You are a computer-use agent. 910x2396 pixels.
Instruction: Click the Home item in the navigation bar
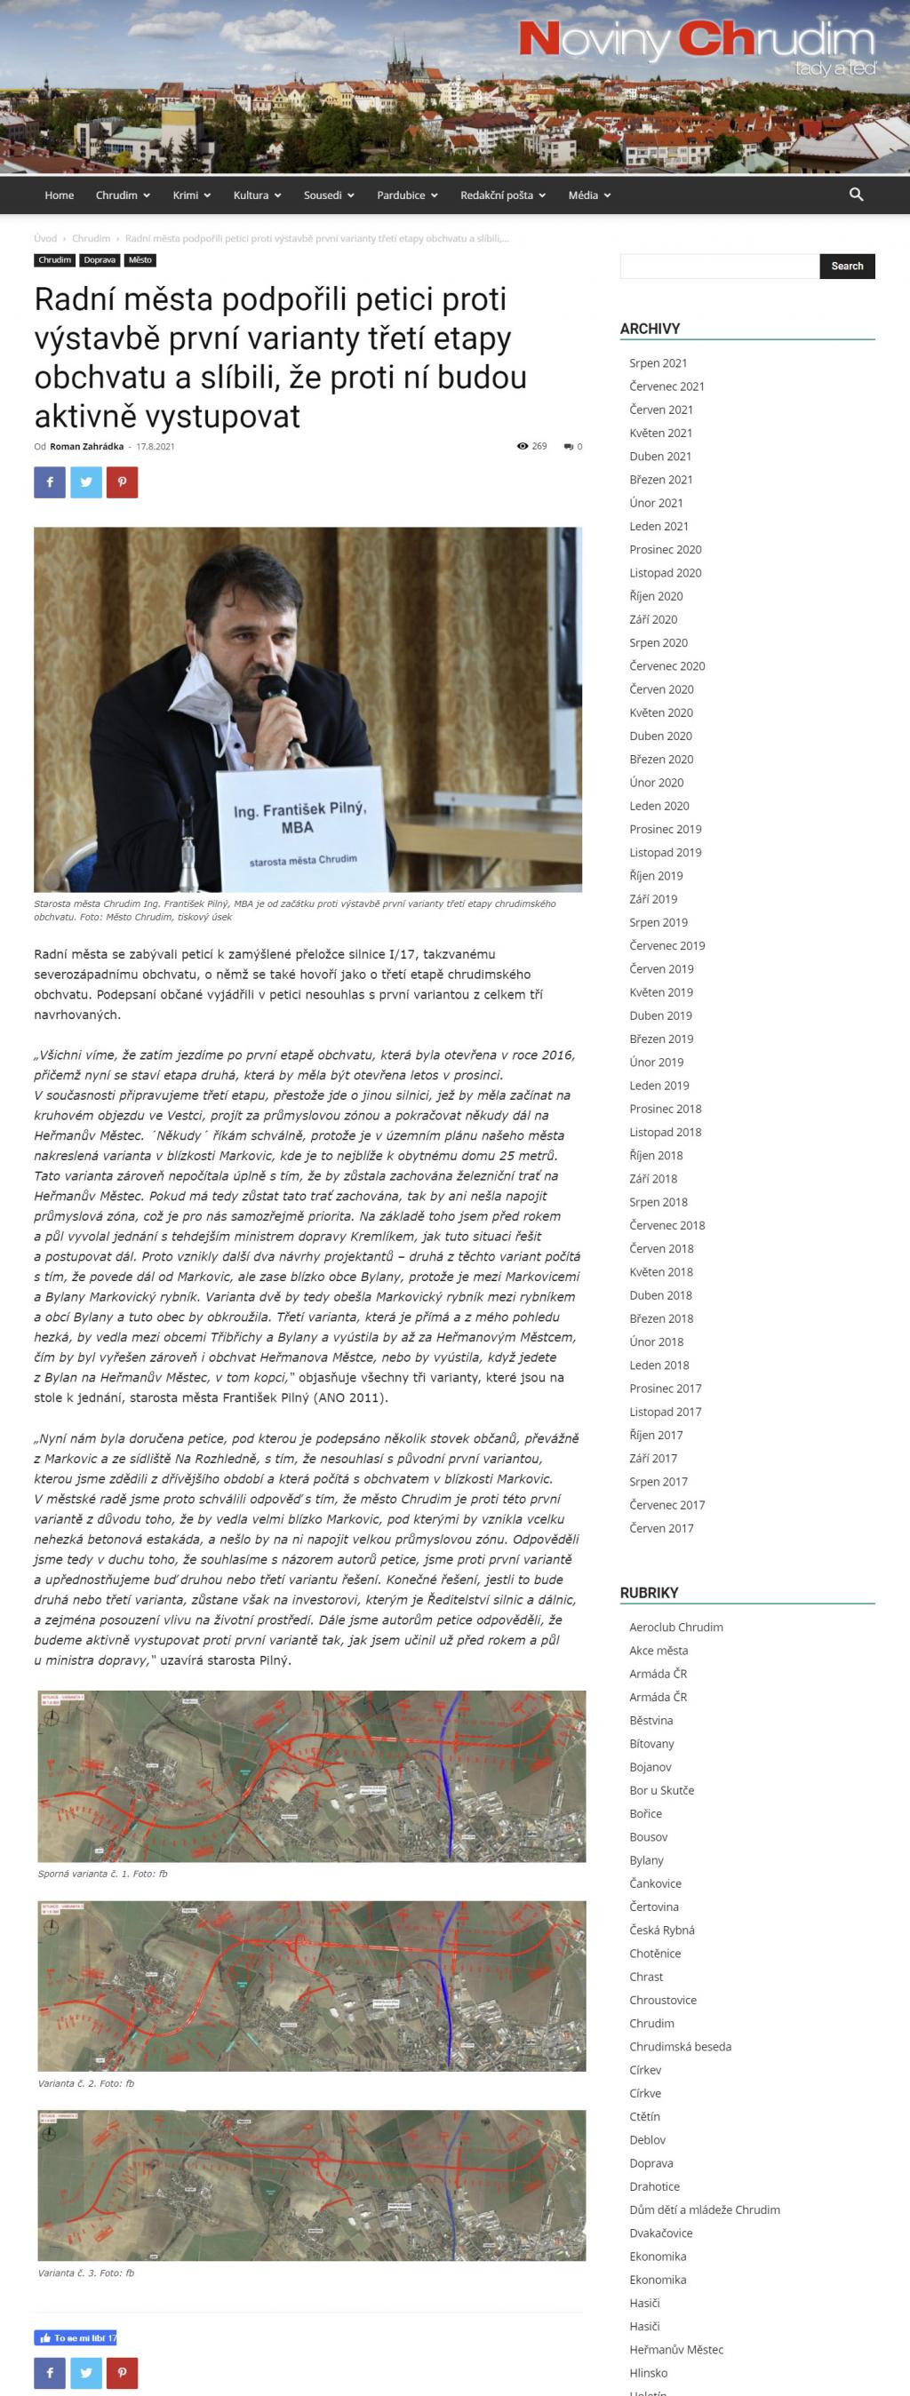click(59, 195)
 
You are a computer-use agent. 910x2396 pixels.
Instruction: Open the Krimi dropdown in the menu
click(191, 195)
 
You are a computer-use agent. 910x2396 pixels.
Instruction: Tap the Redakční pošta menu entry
click(502, 195)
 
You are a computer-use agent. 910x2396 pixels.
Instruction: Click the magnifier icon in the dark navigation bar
click(856, 195)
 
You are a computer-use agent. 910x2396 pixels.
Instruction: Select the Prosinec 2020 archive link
click(666, 550)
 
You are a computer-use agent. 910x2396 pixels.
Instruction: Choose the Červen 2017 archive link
click(660, 1528)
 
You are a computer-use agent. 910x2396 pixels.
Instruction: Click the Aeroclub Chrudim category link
click(675, 1627)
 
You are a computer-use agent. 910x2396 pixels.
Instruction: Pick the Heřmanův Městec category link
click(675, 2350)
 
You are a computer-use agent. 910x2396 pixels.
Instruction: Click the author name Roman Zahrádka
click(86, 447)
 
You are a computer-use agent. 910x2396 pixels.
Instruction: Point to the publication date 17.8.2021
click(156, 447)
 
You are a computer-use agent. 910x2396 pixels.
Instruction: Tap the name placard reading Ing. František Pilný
click(299, 818)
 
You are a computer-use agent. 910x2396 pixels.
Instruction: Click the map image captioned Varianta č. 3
click(312, 2185)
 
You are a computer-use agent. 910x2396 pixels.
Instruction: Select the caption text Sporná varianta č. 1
click(102, 1874)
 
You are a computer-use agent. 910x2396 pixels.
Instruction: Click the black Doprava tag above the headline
click(100, 260)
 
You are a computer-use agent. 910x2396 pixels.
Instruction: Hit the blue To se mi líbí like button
click(76, 2337)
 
